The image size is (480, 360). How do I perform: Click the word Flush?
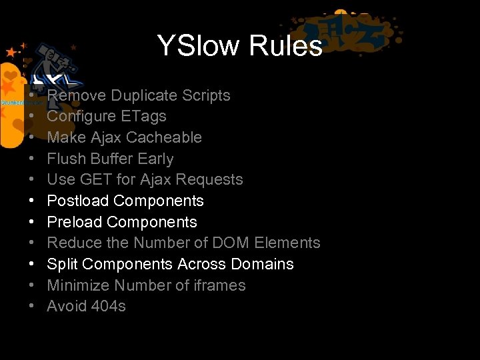[65, 159]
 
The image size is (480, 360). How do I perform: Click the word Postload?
[77, 201]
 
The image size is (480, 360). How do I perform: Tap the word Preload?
[74, 222]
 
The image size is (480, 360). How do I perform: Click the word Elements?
[292, 243]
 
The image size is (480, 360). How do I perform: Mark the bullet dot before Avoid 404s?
[32, 307]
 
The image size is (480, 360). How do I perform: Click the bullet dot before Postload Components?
[32, 201]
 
